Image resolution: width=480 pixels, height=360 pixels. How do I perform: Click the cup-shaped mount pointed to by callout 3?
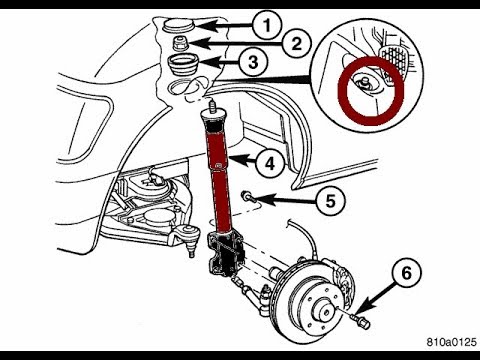click(183, 68)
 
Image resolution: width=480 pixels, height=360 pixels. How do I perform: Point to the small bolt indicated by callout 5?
click(247, 198)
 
